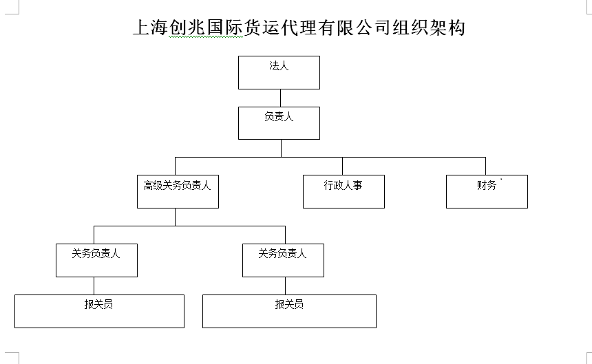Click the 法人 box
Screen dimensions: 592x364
coord(279,73)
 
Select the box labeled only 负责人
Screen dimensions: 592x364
coord(279,123)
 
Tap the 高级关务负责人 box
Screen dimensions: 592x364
coord(178,191)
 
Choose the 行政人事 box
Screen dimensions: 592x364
coord(343,191)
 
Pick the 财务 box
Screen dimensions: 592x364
coord(487,191)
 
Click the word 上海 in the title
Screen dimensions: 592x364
coord(151,28)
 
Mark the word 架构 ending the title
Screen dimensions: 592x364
coord(447,28)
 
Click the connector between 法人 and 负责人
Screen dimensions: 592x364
coord(281,98)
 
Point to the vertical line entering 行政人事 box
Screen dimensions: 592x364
coord(342,166)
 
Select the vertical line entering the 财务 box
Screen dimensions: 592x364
coord(485,166)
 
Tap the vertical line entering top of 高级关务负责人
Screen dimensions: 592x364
coord(175,166)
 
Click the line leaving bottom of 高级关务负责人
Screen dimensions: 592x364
coord(175,217)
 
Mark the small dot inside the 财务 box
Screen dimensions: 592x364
coord(501,179)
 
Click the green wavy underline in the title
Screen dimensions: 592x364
coord(206,37)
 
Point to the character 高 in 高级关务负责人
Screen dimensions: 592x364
coord(148,185)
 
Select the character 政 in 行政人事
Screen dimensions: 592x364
coord(338,185)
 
